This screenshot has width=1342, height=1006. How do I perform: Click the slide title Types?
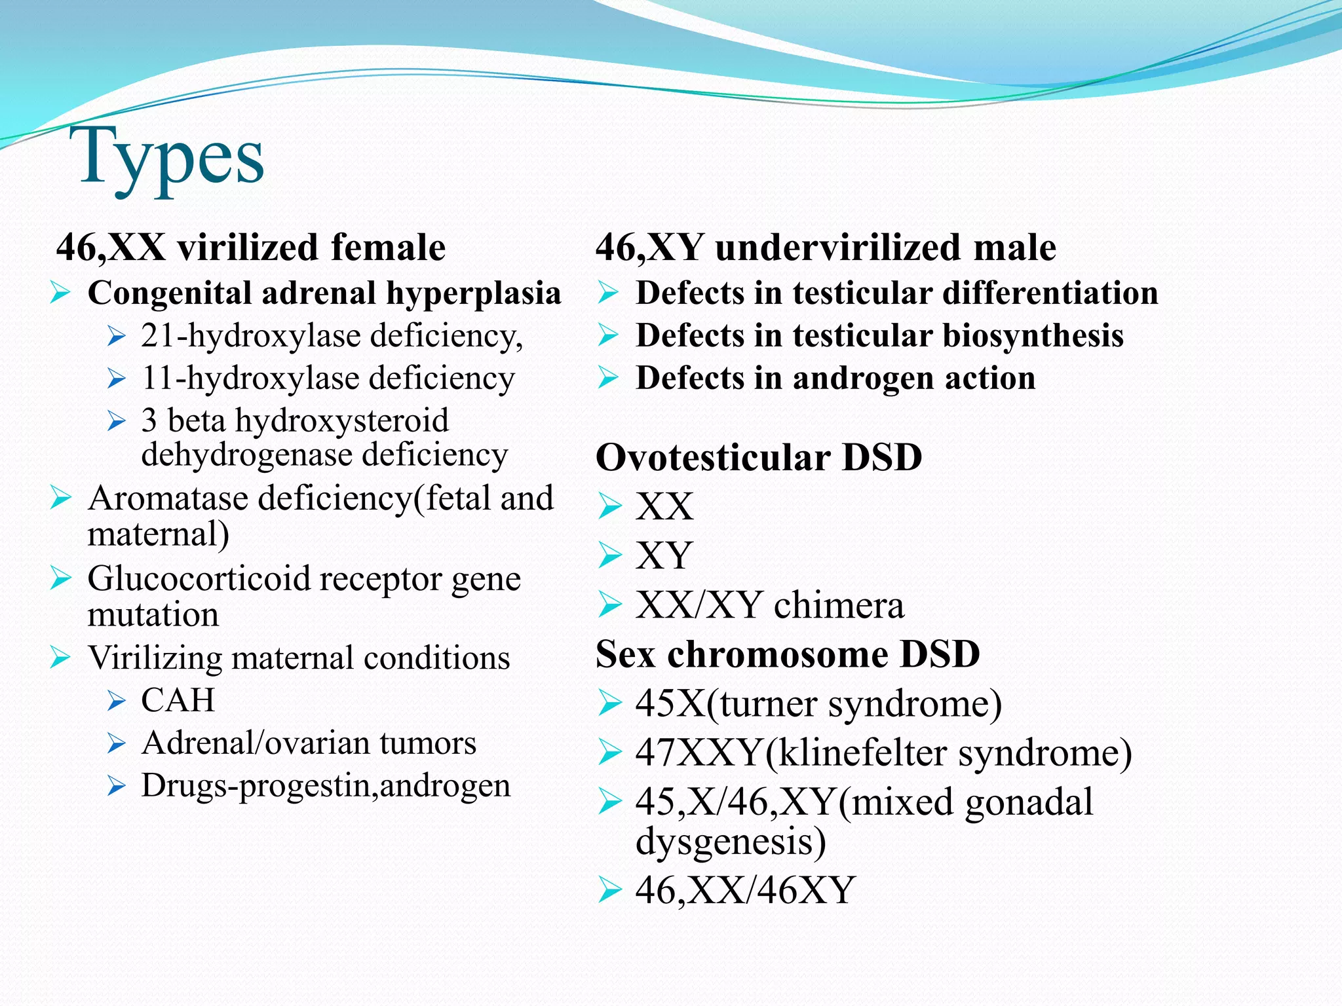coord(172,157)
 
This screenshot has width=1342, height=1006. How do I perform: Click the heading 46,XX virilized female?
coord(251,248)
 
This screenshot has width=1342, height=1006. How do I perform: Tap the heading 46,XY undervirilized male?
coord(826,248)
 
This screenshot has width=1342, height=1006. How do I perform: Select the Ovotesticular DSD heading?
coord(759,457)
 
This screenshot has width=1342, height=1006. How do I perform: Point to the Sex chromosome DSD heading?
coord(788,654)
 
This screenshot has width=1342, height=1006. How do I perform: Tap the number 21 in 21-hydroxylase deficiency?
coord(159,335)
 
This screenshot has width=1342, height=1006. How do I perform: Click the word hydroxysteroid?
coord(341,420)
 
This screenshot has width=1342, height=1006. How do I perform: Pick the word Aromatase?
coord(168,498)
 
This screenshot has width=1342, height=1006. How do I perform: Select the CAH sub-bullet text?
coord(178,700)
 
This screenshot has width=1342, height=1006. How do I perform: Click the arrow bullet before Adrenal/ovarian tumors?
coord(117,744)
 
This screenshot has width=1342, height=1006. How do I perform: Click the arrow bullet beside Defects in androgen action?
coord(608,379)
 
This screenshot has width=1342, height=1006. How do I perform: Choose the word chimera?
coord(839,605)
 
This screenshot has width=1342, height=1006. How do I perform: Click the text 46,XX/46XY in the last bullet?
coord(745,890)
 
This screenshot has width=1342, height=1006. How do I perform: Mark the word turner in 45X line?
coord(769,703)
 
